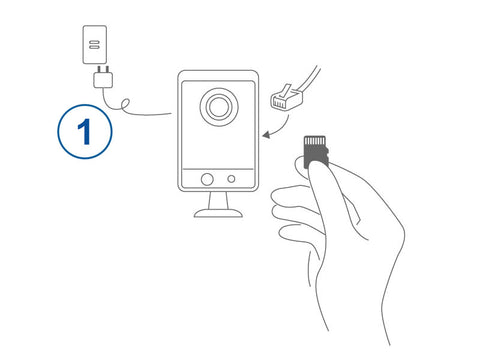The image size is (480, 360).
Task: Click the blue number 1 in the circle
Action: point(85,131)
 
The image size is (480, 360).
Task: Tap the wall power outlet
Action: point(95,44)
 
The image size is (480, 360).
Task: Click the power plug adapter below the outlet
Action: point(103,80)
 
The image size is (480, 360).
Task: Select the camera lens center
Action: point(219,107)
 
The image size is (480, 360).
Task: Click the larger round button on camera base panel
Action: point(207,179)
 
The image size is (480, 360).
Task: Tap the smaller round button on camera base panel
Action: point(231,179)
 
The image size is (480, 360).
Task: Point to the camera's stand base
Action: point(218,213)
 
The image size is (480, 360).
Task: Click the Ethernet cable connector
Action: point(287,97)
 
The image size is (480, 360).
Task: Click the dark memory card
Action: point(316,151)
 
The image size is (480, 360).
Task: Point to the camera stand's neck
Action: point(218,201)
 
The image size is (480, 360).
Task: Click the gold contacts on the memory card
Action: point(315,140)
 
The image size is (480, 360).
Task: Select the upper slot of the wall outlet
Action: point(95,42)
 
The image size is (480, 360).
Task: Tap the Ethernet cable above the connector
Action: point(309,78)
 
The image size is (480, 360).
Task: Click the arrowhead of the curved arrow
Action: point(266,135)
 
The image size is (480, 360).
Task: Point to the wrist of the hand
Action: point(357,313)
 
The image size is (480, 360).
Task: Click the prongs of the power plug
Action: point(103,69)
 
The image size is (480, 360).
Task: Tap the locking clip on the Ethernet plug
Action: point(285,91)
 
